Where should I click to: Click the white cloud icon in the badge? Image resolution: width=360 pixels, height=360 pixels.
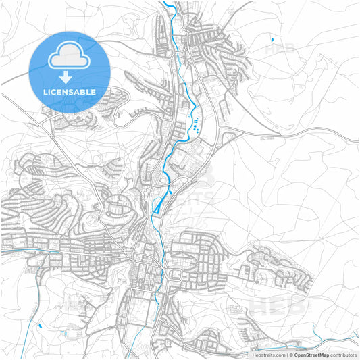70,55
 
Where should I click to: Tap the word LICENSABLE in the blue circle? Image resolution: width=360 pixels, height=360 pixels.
70,91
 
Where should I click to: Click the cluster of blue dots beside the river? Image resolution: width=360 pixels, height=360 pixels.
195,124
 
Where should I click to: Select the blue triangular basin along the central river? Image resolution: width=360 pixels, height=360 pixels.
159,206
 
